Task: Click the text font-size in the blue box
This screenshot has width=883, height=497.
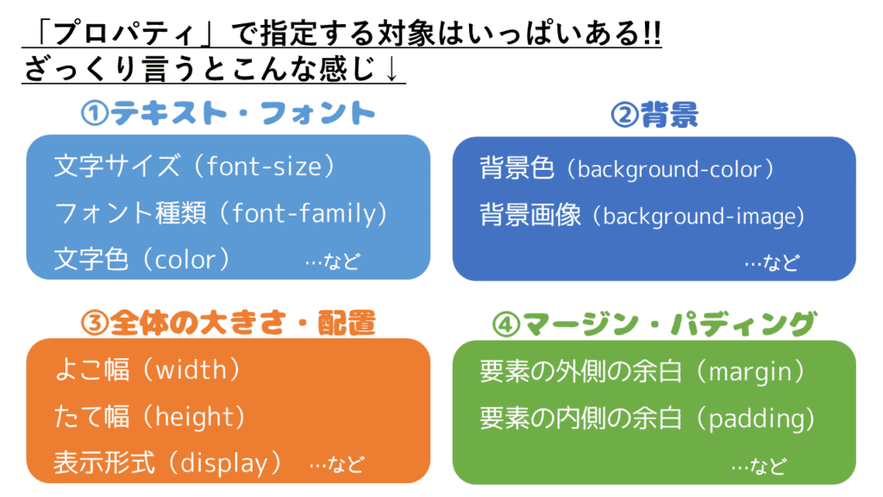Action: point(265,167)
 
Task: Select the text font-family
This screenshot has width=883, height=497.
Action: point(304,215)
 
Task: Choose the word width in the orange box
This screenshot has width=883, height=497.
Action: point(191,370)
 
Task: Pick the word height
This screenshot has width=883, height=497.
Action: point(194,418)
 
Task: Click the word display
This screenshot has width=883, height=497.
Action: point(223,463)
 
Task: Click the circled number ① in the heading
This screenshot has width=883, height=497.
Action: point(95,113)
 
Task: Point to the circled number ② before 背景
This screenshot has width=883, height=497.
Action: point(624,115)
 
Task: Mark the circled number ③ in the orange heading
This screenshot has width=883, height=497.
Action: point(95,324)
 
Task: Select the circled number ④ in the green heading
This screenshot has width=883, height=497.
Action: point(505,324)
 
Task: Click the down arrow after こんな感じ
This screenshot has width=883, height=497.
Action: point(391,69)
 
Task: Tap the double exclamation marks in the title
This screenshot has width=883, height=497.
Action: point(652,34)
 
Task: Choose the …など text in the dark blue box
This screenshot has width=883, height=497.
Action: point(772,262)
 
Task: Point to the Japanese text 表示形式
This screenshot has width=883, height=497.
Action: point(104,463)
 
